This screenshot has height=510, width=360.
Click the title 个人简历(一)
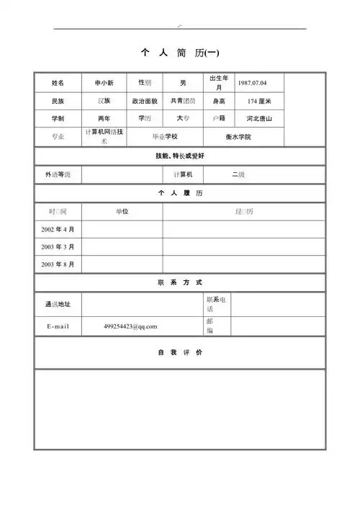point(180,53)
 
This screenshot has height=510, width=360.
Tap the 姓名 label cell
point(58,83)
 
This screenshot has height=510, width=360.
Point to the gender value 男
point(183,83)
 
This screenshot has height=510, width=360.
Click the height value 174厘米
point(258,102)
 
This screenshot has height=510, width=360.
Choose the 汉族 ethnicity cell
point(104,101)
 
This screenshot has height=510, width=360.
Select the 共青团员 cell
point(183,102)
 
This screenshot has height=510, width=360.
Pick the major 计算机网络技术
point(104,136)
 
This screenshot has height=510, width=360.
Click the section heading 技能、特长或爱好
point(180,156)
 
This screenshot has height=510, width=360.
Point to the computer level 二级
point(238,175)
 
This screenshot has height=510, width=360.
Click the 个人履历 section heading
point(180,194)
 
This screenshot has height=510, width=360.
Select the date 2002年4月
point(58,229)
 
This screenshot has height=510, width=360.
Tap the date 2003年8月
point(58,264)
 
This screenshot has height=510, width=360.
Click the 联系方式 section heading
point(180,282)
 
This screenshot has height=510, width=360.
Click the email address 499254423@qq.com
point(130,326)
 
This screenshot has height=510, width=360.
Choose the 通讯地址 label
point(58,304)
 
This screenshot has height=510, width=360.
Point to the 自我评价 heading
point(180,353)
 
